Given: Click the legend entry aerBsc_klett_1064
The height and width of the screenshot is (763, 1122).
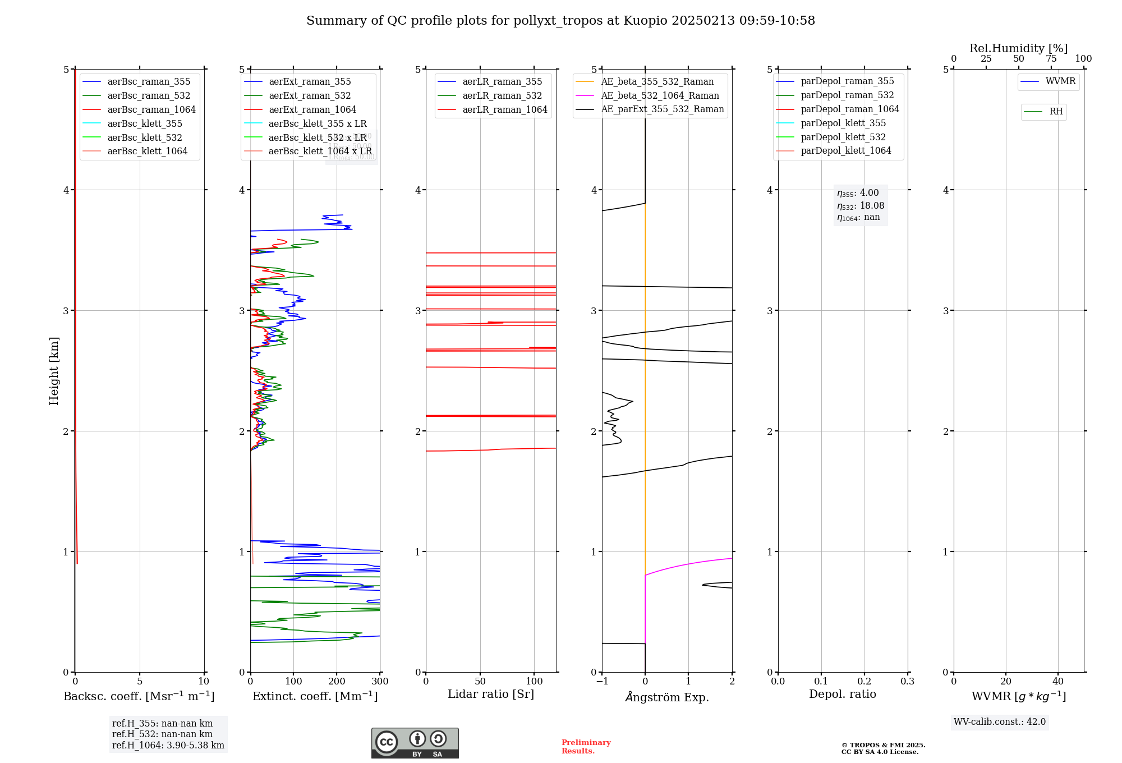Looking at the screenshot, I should click(x=147, y=151).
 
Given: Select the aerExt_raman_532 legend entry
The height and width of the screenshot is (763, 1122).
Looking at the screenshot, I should click(x=310, y=96).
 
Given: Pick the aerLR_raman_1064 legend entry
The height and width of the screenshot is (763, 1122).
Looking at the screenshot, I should click(x=504, y=110).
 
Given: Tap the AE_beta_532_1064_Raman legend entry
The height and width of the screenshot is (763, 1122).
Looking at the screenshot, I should click(x=660, y=96).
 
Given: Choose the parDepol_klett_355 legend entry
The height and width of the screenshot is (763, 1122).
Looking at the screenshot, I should click(x=843, y=123).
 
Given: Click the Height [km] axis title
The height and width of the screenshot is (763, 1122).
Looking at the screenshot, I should click(x=54, y=370).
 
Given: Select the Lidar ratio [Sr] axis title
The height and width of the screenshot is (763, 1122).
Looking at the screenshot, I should click(x=491, y=694).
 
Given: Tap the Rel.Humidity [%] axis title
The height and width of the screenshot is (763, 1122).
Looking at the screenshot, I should click(x=1018, y=48).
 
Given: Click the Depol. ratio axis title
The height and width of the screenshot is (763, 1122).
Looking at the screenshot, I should click(x=842, y=694).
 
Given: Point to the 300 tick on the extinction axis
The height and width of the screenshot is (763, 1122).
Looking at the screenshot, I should click(x=380, y=682).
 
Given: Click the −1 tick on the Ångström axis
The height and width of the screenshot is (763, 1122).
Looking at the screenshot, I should click(x=602, y=682).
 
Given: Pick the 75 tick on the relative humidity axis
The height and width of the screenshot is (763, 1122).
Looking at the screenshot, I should click(x=1051, y=59).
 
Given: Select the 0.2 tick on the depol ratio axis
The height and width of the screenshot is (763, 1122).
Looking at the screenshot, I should click(x=865, y=682).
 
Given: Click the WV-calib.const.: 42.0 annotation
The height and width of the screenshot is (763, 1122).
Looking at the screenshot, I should click(x=1000, y=722).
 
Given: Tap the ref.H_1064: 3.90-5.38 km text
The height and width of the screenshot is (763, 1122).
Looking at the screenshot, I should click(x=168, y=746).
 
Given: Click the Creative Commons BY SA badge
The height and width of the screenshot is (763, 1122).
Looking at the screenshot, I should click(x=415, y=743).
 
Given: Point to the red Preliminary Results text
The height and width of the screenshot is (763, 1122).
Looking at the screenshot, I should click(x=586, y=747).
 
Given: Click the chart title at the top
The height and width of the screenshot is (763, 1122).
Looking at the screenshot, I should click(x=560, y=21).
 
